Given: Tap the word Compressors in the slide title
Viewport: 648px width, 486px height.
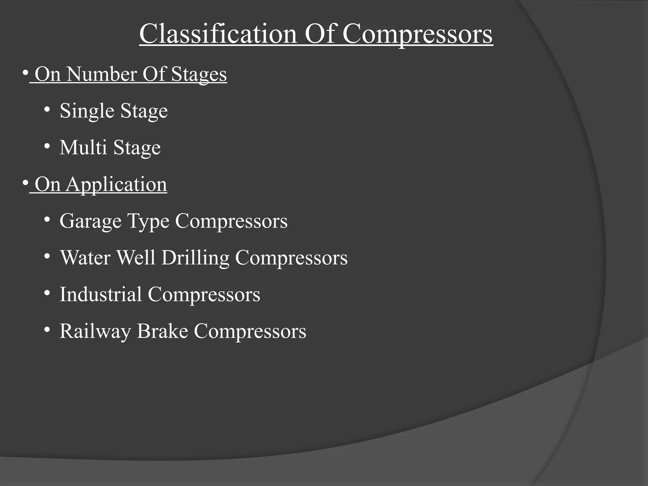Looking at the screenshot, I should (417, 34).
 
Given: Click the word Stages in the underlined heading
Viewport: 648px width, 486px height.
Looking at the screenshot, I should (199, 75).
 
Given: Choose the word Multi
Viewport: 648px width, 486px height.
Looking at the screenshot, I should (83, 147).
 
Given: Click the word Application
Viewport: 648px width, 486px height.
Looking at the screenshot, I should (116, 185).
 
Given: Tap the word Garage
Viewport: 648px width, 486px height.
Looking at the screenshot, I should (90, 221).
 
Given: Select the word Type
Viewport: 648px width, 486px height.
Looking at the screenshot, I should (148, 221).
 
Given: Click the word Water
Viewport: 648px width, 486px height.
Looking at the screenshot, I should (85, 258).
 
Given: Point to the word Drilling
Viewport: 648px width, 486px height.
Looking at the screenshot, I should (195, 258).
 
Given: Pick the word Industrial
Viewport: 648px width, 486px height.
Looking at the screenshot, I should (101, 294).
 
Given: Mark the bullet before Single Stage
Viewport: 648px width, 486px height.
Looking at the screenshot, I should (47, 110).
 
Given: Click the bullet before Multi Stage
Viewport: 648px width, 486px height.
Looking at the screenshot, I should (47, 146).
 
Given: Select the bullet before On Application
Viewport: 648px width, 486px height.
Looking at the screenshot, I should (25, 183).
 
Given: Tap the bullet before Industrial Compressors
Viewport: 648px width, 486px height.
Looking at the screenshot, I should (47, 293).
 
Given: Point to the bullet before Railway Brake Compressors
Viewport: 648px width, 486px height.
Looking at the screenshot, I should (47, 330).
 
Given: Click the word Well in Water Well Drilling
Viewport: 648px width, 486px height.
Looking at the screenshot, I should (136, 258).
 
